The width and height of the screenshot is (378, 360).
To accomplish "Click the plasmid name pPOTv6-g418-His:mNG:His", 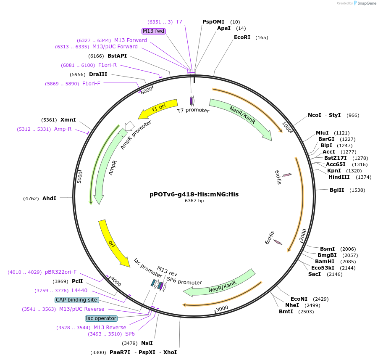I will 194,194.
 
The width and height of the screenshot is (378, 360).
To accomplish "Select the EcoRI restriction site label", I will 242,37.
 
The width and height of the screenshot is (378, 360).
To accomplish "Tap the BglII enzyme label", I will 337,190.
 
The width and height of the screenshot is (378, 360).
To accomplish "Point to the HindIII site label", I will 339,177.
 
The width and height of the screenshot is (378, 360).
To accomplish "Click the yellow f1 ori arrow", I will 157,110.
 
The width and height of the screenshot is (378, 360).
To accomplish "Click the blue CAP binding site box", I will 77,300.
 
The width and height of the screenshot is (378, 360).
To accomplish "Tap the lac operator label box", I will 100,318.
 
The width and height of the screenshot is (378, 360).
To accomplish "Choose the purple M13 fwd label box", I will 154,31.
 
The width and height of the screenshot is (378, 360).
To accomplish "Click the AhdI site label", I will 49,198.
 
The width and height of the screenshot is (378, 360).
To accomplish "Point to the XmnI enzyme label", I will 68,119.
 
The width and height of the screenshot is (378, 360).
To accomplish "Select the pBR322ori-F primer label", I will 61,272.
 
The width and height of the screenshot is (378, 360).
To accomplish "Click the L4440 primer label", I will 79,291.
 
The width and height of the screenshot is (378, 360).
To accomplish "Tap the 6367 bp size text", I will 194,201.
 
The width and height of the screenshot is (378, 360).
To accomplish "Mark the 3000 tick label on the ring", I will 222,308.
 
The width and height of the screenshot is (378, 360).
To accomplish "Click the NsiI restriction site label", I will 147,343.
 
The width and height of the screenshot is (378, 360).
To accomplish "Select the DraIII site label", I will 98,74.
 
